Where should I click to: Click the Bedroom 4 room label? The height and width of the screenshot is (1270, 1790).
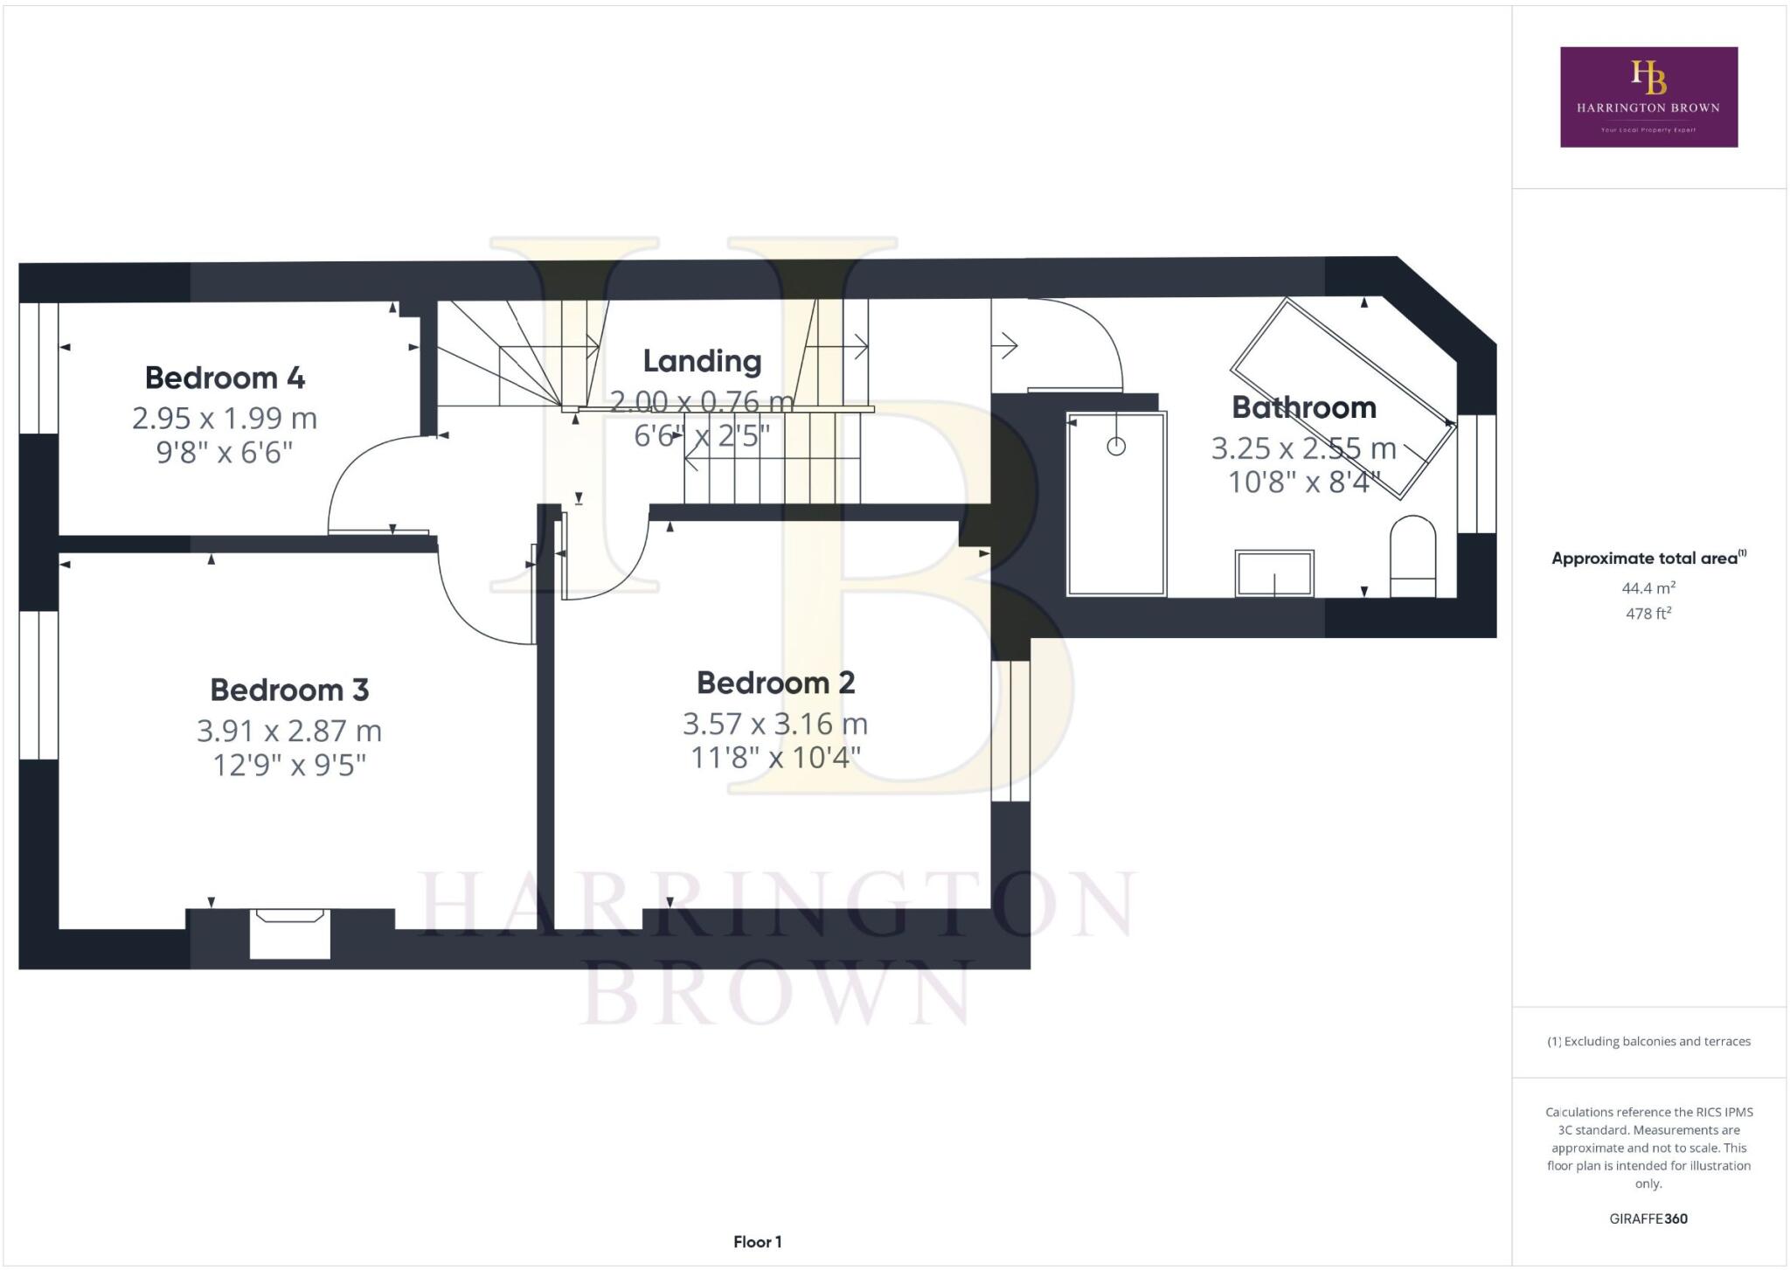(225, 378)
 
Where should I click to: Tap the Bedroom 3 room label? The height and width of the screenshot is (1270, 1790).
(289, 690)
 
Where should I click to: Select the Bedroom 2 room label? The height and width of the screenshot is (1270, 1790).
(775, 683)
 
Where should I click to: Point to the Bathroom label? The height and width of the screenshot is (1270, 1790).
(1303, 407)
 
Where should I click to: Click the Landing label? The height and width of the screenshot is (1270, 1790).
(702, 361)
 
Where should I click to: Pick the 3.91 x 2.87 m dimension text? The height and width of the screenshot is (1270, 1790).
(289, 730)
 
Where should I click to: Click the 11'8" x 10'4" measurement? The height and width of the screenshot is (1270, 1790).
(775, 757)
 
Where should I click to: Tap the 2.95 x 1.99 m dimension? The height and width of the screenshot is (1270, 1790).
(225, 418)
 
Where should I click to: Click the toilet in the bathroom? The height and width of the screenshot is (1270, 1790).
(1412, 557)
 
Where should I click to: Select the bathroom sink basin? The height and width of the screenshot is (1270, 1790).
(1273, 573)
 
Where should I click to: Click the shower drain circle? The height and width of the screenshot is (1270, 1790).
(1116, 447)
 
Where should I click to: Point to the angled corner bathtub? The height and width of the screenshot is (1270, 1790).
(1342, 398)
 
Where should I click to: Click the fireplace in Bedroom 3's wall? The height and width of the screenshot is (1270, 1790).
(289, 933)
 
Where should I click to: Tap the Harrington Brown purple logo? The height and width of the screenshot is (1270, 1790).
(1648, 97)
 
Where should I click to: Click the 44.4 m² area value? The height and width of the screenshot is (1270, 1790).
(1648, 588)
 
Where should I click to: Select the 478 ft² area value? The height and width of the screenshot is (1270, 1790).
(1648, 614)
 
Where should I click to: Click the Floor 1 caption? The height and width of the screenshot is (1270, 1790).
(757, 1241)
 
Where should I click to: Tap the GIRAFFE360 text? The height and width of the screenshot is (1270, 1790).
(1648, 1218)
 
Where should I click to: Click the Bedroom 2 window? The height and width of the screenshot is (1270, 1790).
(1011, 731)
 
